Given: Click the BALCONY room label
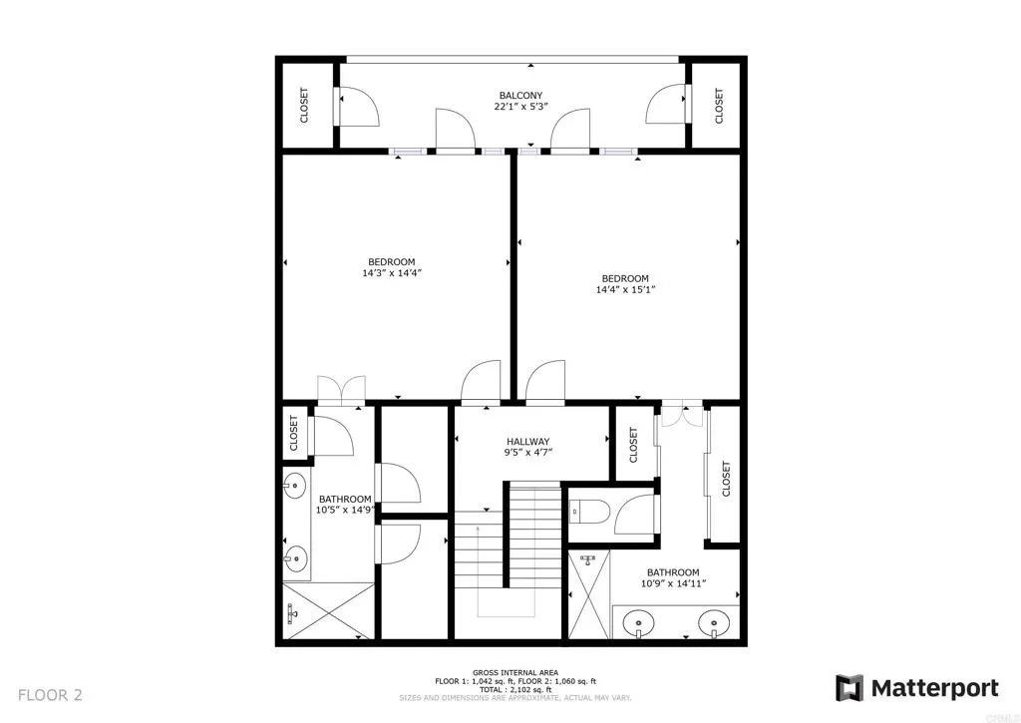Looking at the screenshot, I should coord(521,97).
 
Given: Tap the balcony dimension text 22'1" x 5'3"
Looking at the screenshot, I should coord(521,109).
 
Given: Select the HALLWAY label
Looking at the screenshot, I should coord(527,441).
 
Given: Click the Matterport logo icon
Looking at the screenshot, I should coord(849,688).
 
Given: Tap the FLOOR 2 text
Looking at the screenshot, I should coord(50,695).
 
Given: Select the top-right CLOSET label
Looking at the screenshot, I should coord(718,106).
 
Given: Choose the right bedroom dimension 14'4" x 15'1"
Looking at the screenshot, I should coord(625,290).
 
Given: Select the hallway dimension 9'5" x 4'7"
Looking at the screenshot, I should coord(528,453).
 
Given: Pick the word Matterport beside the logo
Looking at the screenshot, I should coord(935,688).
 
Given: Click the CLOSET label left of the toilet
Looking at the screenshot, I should coord(634,445).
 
